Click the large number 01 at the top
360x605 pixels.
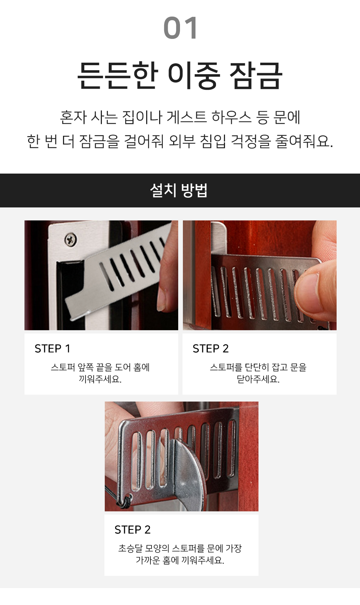click(180, 28)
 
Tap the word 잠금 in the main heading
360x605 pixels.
click(256, 76)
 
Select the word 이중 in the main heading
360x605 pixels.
click(194, 76)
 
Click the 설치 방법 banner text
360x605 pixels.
click(179, 191)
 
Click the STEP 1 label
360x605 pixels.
click(53, 349)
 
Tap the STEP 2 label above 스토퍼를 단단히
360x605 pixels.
click(211, 349)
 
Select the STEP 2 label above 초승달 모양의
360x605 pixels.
click(132, 530)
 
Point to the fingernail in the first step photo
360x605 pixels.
click(162, 299)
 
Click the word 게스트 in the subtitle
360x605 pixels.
click(186, 117)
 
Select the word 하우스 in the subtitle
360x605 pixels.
click(231, 117)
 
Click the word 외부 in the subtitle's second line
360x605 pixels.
click(182, 141)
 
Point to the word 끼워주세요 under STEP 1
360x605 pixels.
click(100, 379)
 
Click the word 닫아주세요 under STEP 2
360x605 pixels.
click(258, 379)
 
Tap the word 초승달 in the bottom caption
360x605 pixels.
click(130, 548)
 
